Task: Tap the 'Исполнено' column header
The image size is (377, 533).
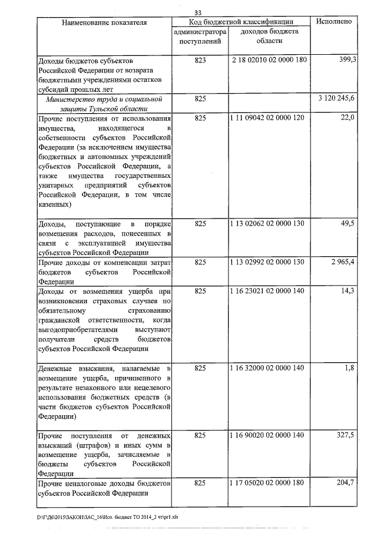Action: coord(334,22)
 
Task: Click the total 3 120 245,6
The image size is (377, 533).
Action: coord(335,99)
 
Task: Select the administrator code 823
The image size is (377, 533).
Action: coord(200,60)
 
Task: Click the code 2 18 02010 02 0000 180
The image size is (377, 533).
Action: coord(269,60)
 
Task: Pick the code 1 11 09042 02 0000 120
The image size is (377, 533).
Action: coord(269,118)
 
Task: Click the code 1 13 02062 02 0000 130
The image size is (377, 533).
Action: coord(269,224)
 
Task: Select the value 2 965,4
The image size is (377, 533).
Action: coord(343,262)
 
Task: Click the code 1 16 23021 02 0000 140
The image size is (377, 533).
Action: coord(269,291)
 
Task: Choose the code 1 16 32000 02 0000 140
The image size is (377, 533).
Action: coord(269,368)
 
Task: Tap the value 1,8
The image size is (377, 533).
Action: coord(349,368)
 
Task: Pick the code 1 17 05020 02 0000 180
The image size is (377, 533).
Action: coord(269,484)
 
